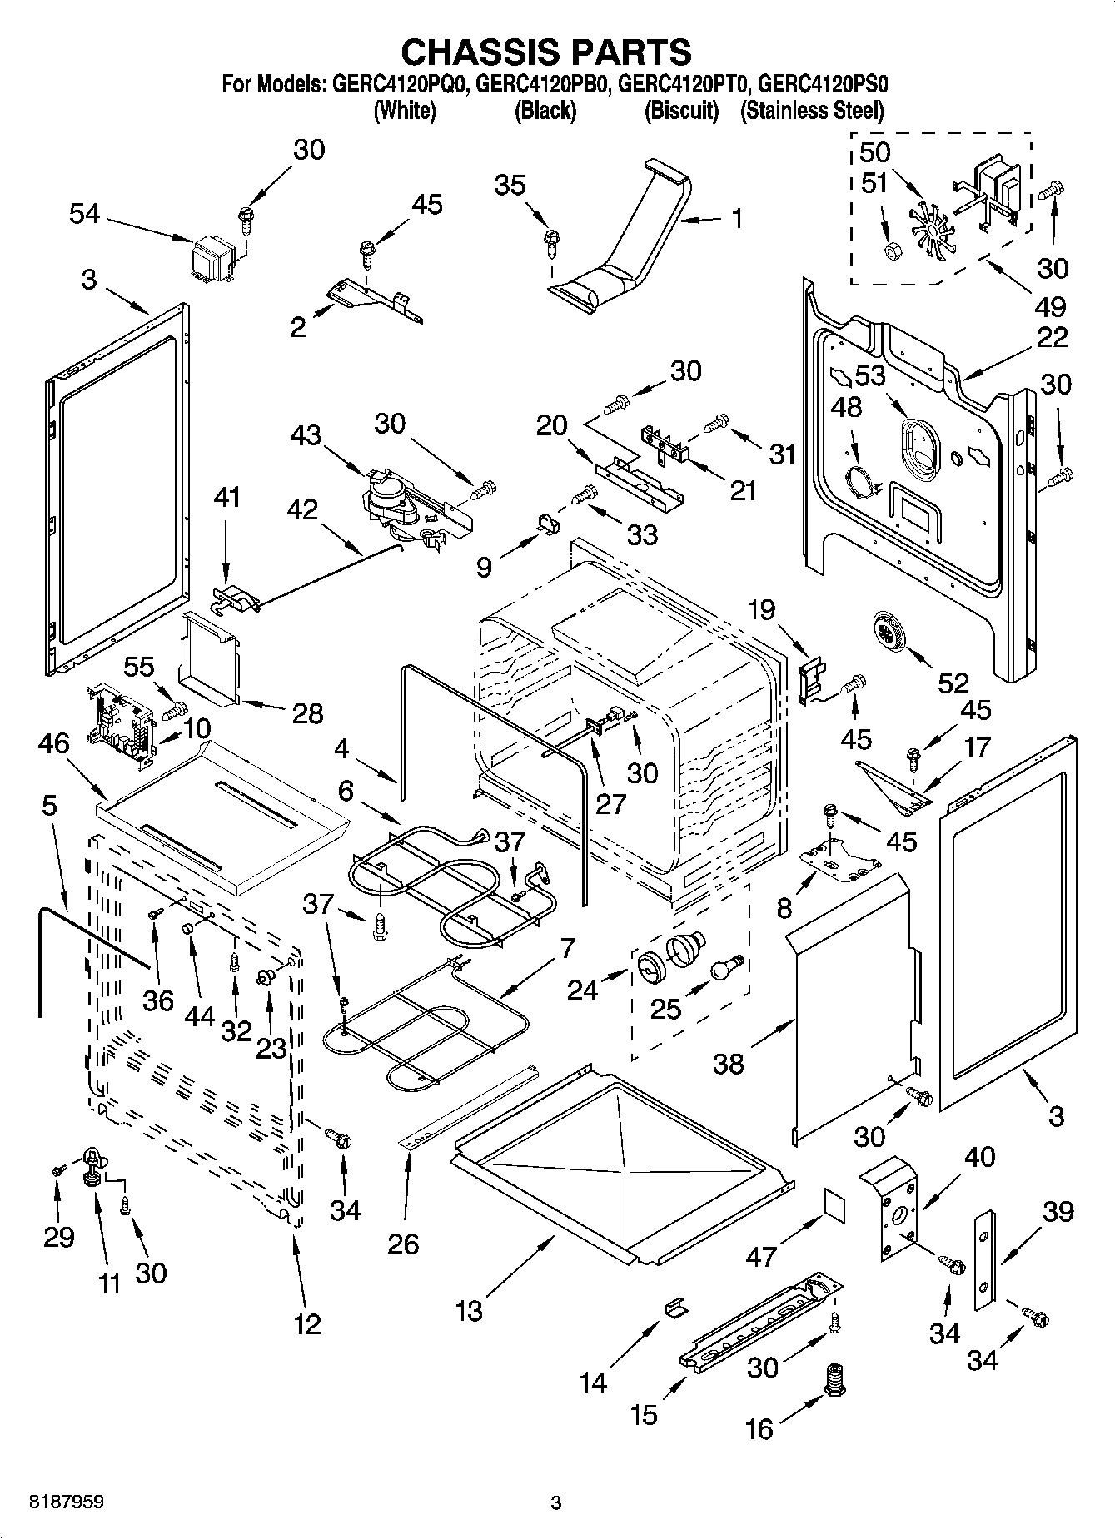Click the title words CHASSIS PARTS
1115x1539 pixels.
pos(546,52)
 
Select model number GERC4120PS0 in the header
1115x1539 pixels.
pos(824,84)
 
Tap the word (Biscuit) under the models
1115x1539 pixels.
pos(681,111)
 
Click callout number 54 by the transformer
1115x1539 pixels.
pos(84,214)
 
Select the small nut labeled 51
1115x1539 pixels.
pos(891,250)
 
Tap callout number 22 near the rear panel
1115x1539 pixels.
pos(1053,337)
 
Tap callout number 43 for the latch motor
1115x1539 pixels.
pos(306,434)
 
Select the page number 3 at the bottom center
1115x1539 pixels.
pos(556,1503)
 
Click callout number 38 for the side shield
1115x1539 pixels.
pos(729,1063)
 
